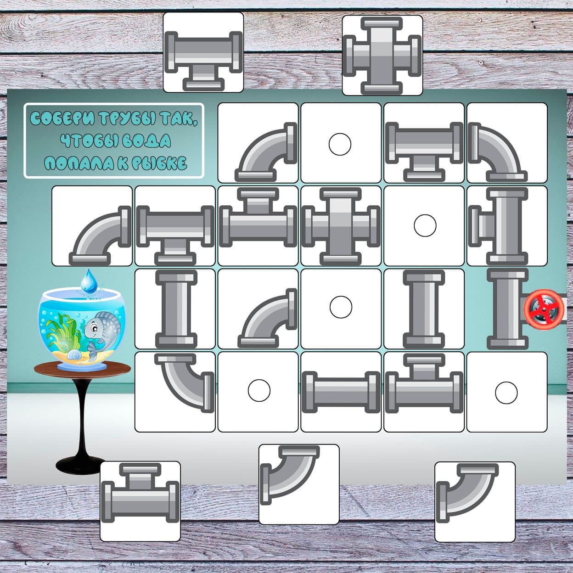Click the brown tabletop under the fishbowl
pos(82,370)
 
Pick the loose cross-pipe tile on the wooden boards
pos(382,55)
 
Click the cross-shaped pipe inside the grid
pos(341,226)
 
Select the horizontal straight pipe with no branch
pos(341,392)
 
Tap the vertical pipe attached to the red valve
pos(508,309)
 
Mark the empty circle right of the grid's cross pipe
pos(425,226)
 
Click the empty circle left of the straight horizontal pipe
pos(259,390)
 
